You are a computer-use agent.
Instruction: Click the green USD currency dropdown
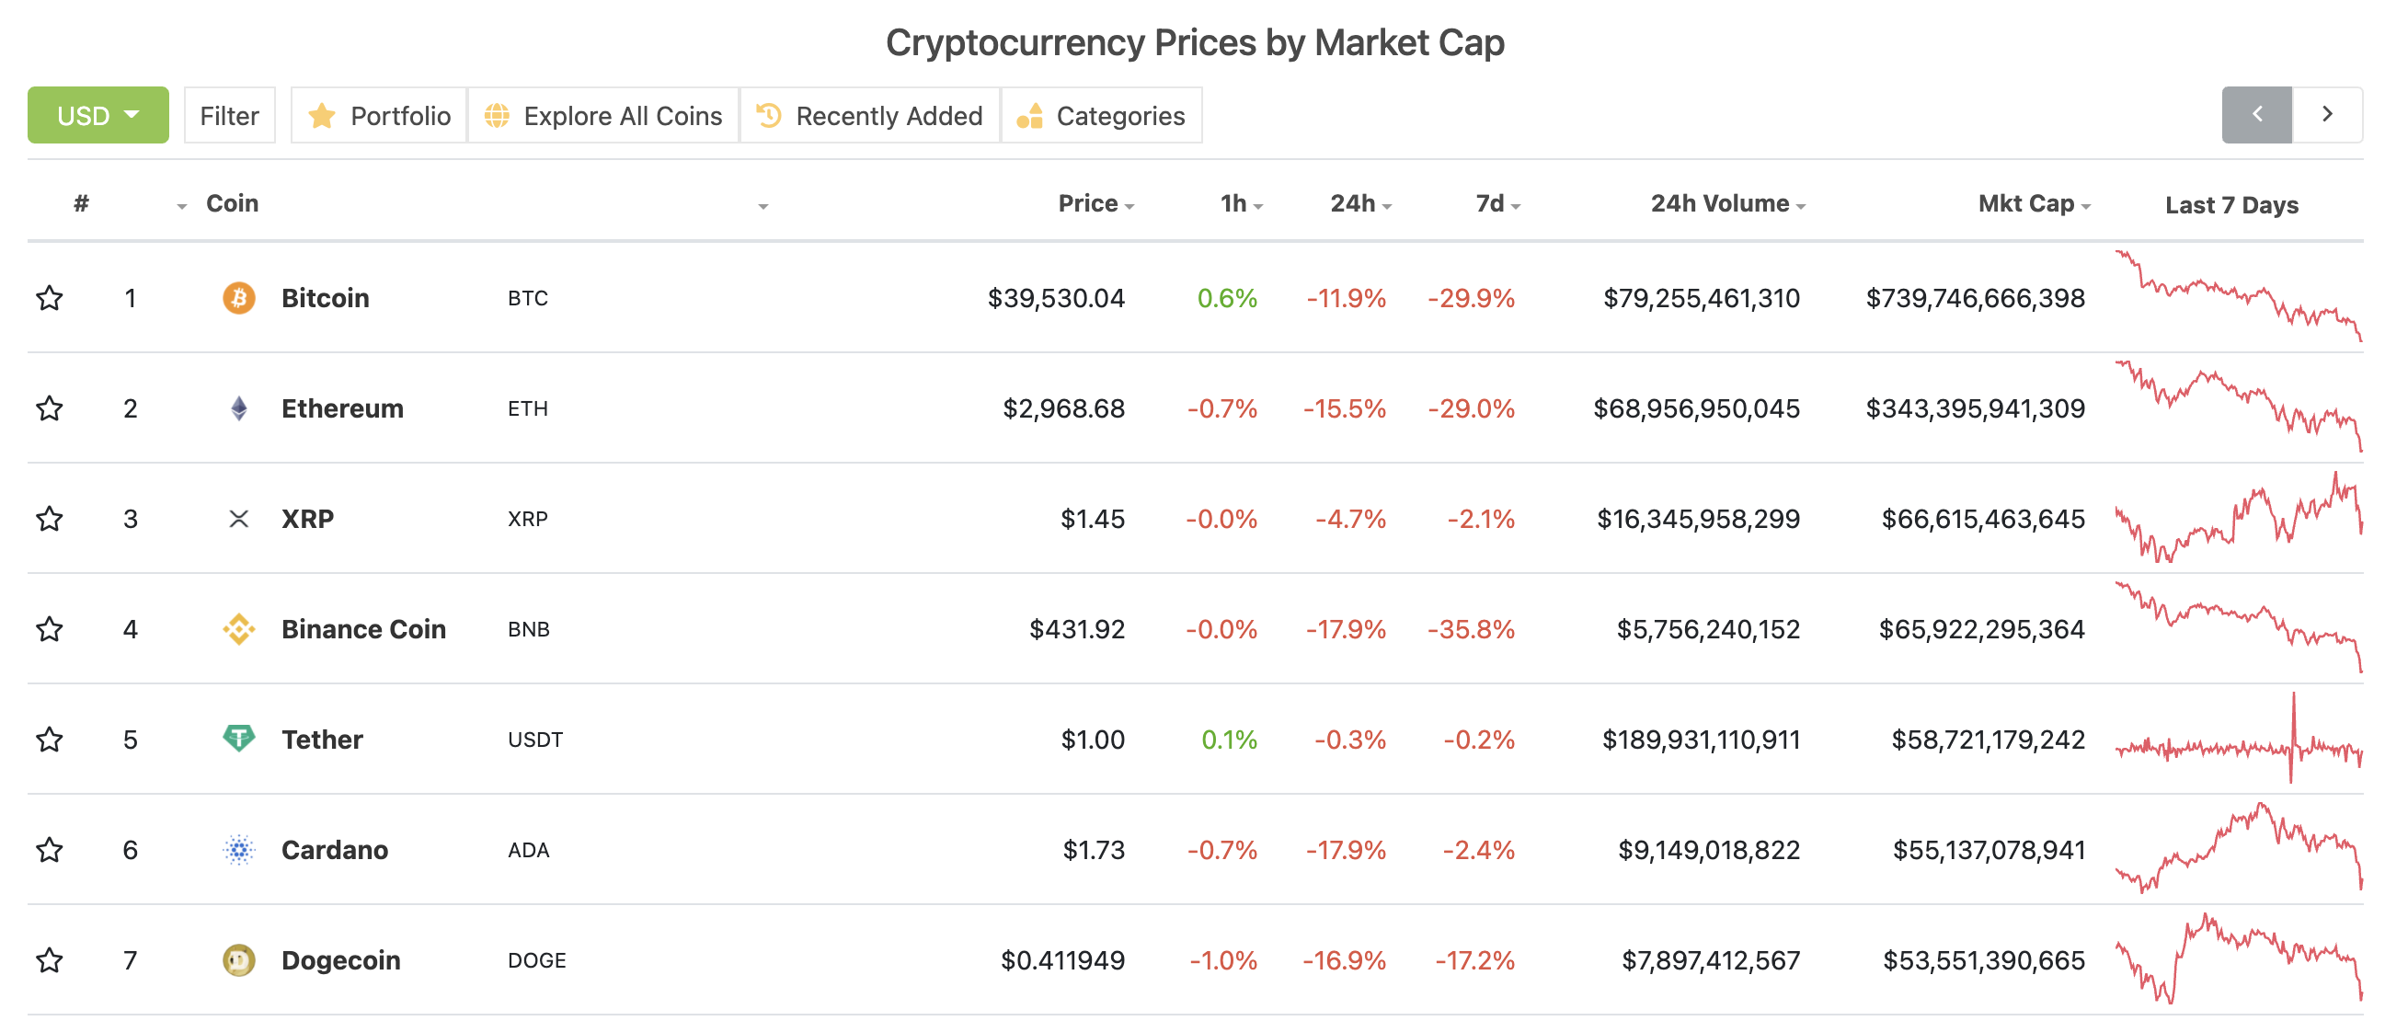(97, 115)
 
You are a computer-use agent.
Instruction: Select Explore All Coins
(604, 115)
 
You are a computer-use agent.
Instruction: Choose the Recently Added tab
(870, 115)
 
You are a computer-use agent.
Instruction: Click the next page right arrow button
(2327, 114)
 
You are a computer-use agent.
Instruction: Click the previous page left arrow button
(2255, 114)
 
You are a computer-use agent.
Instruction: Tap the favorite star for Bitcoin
(50, 298)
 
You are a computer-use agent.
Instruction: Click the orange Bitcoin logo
(238, 298)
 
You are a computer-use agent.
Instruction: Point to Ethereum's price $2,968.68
(1063, 408)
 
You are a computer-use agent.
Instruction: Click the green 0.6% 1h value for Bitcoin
(1226, 298)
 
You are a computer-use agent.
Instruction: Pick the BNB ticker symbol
(528, 629)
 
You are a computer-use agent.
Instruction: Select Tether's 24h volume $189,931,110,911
(1701, 740)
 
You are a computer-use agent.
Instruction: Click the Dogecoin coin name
(340, 960)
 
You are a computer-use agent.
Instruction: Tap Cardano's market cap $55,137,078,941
(1989, 850)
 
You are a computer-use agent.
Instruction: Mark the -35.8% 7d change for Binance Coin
(1471, 629)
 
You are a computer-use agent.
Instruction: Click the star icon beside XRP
(50, 519)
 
